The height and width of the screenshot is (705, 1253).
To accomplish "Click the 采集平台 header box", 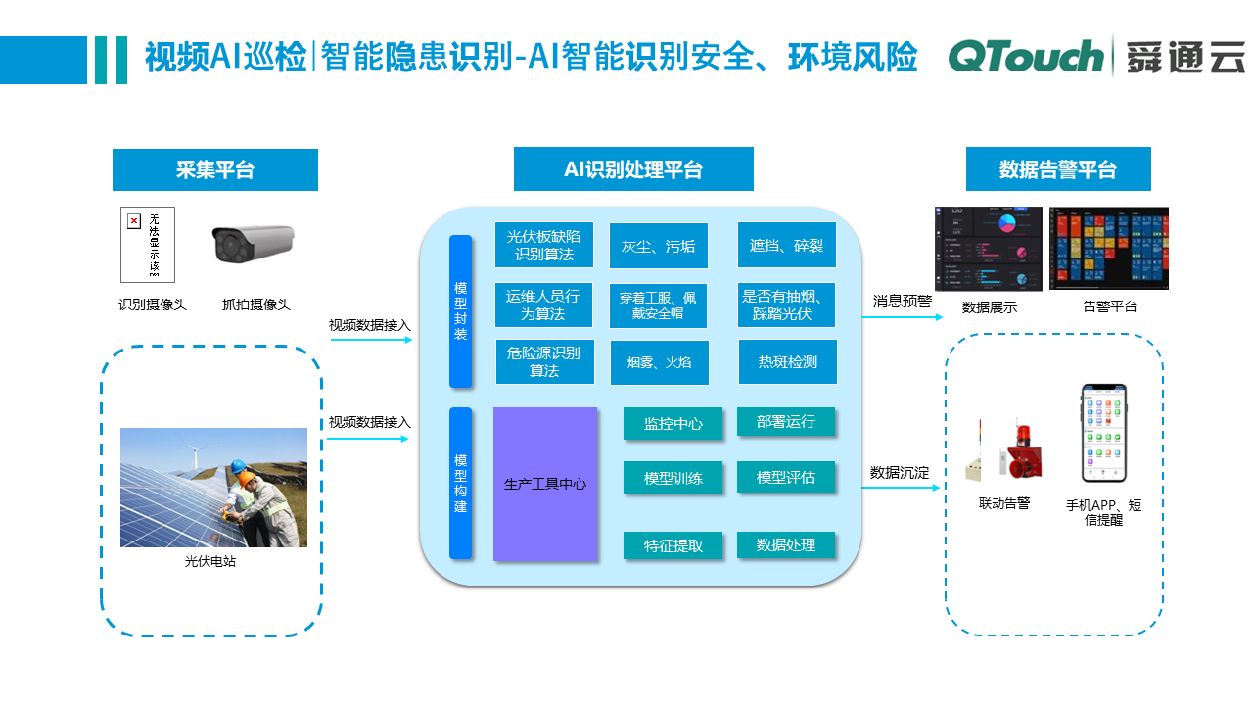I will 215,169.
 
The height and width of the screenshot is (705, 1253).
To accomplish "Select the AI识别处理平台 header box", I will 633,169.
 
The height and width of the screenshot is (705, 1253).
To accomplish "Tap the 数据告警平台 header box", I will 1058,169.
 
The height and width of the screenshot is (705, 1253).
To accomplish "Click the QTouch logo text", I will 1026,57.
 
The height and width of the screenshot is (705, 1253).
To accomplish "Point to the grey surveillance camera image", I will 254,245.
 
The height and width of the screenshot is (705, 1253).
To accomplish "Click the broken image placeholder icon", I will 135,221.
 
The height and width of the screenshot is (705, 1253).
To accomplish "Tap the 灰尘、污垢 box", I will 659,246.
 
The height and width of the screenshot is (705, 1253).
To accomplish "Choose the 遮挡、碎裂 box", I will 786,245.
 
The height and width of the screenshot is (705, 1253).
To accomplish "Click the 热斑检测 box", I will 787,361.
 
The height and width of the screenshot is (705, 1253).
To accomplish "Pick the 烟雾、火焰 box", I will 659,362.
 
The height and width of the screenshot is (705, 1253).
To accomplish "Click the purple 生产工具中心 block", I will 545,484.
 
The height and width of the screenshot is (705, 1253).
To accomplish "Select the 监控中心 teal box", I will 673,424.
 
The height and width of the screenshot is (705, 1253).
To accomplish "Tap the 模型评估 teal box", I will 786,478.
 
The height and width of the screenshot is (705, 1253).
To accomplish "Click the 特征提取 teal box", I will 673,545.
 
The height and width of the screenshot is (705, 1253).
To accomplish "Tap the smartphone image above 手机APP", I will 1103,431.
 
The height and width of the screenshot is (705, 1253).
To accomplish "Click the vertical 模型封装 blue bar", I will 460,311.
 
